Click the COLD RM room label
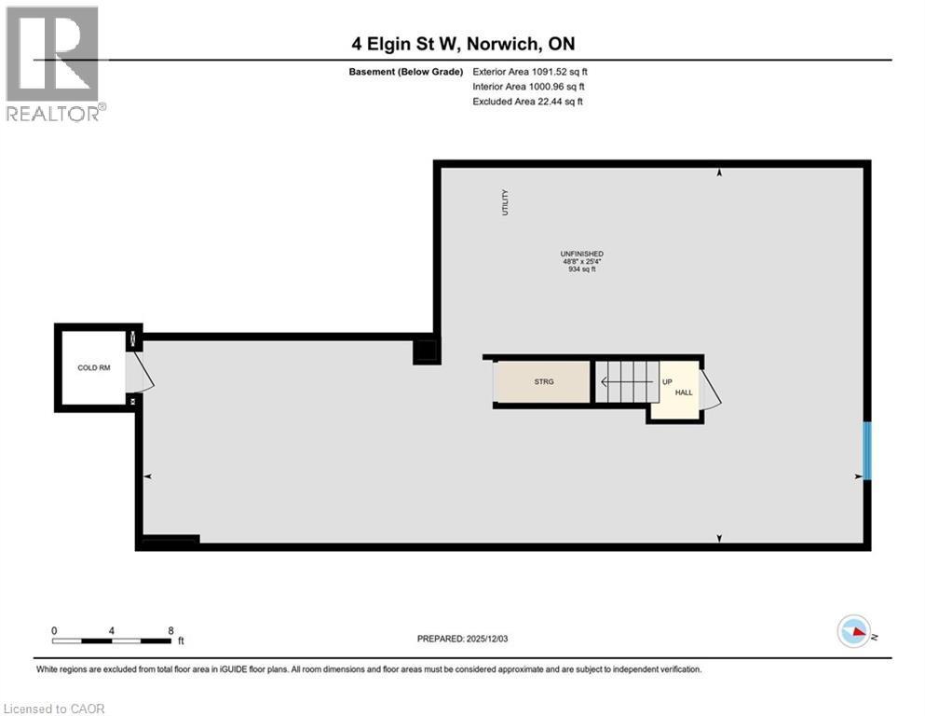[93, 368]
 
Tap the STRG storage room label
[544, 382]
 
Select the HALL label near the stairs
[684, 393]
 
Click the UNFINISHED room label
[582, 255]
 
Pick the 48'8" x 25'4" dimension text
[582, 262]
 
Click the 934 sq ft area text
[582, 270]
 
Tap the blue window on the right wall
[866, 451]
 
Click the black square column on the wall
[426, 351]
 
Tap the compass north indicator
[855, 631]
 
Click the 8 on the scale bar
[170, 630]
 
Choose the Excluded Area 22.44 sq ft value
[528, 101]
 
